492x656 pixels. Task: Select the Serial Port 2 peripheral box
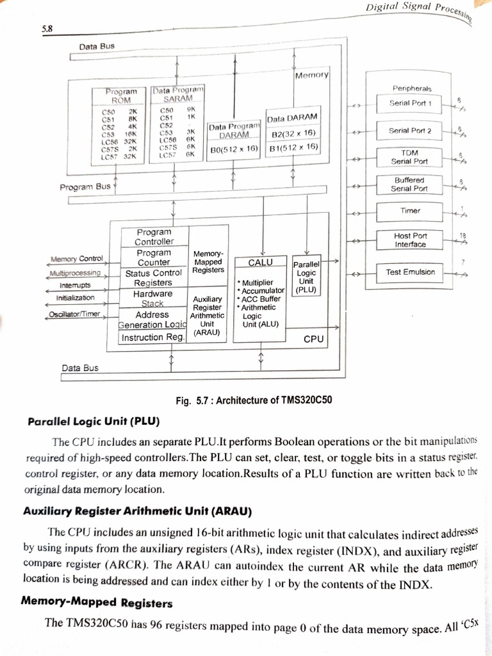[x=410, y=131]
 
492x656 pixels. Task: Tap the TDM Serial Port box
[x=410, y=157]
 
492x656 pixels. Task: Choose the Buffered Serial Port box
[x=410, y=184]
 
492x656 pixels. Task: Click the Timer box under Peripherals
[x=410, y=211]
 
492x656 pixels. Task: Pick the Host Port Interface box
[x=410, y=240]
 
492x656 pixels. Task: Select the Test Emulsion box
[x=410, y=272]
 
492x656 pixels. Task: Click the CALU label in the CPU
[x=261, y=263]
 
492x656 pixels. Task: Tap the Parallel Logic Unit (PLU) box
[x=306, y=277]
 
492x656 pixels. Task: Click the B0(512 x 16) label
[x=234, y=149]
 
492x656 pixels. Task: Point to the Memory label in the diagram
[x=311, y=76]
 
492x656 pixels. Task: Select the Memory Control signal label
[x=76, y=259]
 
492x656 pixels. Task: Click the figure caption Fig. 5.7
[x=254, y=401]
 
